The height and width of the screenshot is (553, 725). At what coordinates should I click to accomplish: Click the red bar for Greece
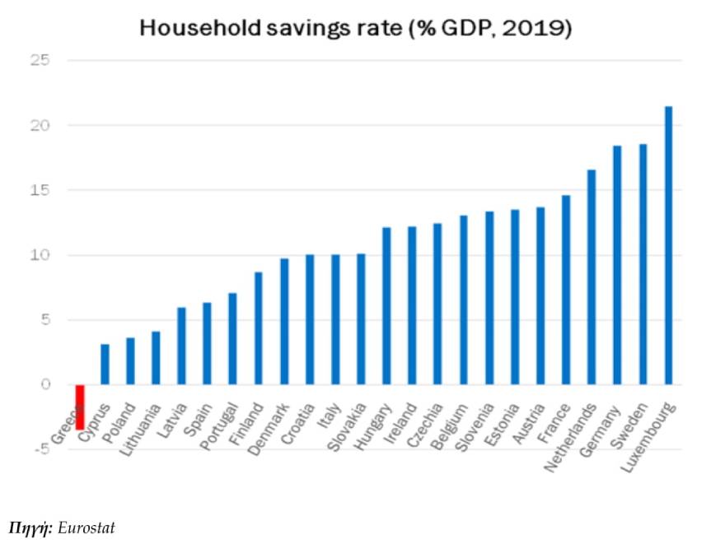coord(80,407)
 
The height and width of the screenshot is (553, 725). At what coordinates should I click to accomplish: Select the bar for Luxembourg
coord(668,245)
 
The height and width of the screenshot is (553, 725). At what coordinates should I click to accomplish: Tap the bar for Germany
coord(616,265)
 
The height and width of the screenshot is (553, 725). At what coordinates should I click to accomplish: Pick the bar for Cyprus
coord(105,364)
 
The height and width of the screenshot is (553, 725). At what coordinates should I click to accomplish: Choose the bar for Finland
coord(259,328)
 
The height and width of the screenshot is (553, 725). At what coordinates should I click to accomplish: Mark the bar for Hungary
coord(386,305)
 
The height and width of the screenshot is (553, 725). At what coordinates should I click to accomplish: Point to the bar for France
coord(565,290)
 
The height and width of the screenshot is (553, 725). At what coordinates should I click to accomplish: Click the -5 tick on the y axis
coord(42,449)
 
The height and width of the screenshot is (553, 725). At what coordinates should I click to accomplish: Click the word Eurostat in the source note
coord(87,527)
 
